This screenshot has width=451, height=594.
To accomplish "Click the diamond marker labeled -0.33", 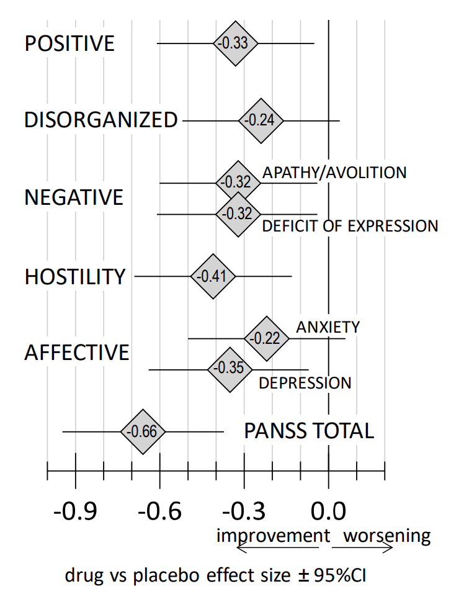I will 236,43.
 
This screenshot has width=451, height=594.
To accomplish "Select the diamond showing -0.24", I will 261,120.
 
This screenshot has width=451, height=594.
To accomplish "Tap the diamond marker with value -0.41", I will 213,276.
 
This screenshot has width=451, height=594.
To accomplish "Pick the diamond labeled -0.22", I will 267,339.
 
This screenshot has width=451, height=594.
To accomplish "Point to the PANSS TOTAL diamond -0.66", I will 143,432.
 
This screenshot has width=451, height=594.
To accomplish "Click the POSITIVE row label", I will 69,44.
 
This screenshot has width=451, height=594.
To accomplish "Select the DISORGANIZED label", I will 101,120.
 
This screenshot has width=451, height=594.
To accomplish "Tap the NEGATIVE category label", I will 74,198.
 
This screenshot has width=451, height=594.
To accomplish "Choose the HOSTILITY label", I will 75,277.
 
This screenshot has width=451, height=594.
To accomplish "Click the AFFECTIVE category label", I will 77,353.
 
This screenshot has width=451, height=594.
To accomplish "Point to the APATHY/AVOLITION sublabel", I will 334,173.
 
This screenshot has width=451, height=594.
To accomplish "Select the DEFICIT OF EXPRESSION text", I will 350,226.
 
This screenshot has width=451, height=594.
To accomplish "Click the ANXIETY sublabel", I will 328,327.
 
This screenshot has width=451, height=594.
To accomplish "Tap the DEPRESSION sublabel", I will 305,383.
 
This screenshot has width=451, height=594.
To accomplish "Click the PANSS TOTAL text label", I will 309,431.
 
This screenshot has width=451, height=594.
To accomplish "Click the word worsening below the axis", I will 386,536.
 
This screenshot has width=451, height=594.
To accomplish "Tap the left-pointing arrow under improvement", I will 276,547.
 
